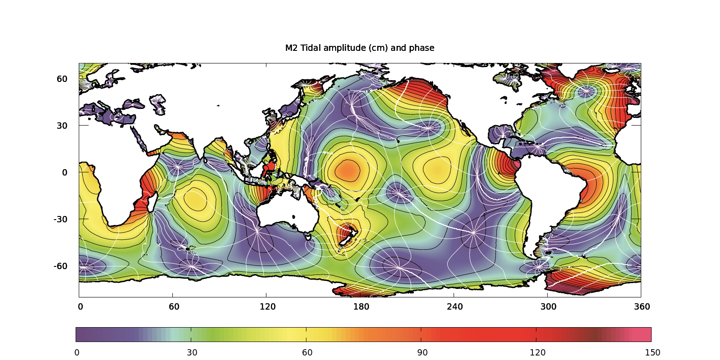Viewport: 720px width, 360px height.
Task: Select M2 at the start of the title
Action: [291, 48]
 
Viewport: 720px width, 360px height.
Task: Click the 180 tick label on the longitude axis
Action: [361, 306]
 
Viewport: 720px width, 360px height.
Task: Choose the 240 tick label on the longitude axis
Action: [454, 306]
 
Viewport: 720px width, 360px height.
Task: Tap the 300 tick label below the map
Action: [548, 306]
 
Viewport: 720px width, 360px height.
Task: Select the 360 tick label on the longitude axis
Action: [642, 306]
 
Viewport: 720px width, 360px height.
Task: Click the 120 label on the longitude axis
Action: [267, 306]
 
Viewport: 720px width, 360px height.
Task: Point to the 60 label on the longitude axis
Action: [174, 306]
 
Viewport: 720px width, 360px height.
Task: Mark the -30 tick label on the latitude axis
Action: [61, 219]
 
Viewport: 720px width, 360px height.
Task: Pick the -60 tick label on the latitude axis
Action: [61, 266]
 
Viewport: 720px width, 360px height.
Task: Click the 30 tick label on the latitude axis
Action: [62, 126]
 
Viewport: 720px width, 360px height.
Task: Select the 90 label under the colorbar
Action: [422, 352]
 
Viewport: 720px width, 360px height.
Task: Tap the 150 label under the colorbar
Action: [652, 352]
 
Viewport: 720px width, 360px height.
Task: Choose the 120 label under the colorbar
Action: [537, 352]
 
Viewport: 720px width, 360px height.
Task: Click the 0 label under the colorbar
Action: [77, 352]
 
